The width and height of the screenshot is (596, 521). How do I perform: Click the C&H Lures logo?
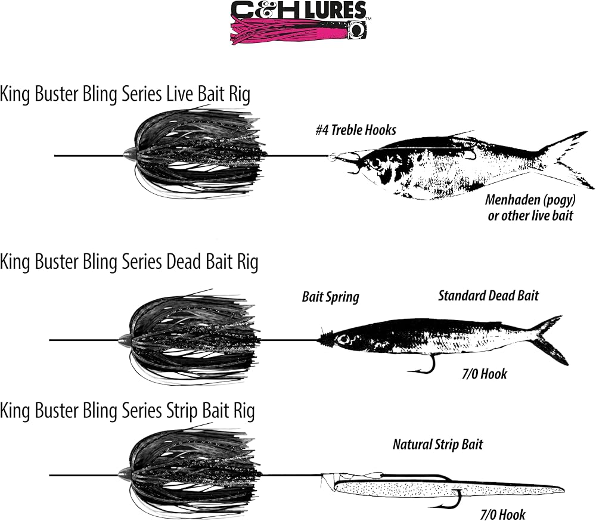(x=300, y=23)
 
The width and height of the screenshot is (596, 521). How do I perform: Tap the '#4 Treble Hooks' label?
(x=356, y=130)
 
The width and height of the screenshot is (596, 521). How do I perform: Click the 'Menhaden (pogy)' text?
(x=530, y=200)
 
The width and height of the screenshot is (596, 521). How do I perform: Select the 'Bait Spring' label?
(x=330, y=297)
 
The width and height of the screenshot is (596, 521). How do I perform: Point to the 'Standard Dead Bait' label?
(x=489, y=296)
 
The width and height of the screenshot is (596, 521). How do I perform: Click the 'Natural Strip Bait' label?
(x=437, y=444)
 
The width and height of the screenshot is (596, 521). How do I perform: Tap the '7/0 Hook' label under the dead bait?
(x=484, y=374)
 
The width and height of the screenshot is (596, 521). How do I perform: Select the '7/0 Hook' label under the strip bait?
(x=502, y=514)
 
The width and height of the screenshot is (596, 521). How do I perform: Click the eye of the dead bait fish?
(x=344, y=339)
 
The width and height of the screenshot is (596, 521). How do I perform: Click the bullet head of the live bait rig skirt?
(x=129, y=155)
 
